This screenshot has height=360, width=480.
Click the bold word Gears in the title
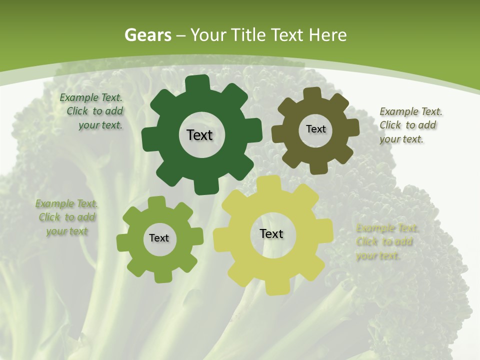click(147, 35)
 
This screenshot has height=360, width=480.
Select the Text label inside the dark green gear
click(199, 135)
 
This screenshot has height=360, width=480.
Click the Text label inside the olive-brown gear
click(315, 129)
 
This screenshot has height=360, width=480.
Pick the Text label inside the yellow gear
click(271, 233)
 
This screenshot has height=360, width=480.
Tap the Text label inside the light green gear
click(159, 238)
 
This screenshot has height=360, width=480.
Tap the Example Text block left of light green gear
click(67, 217)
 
